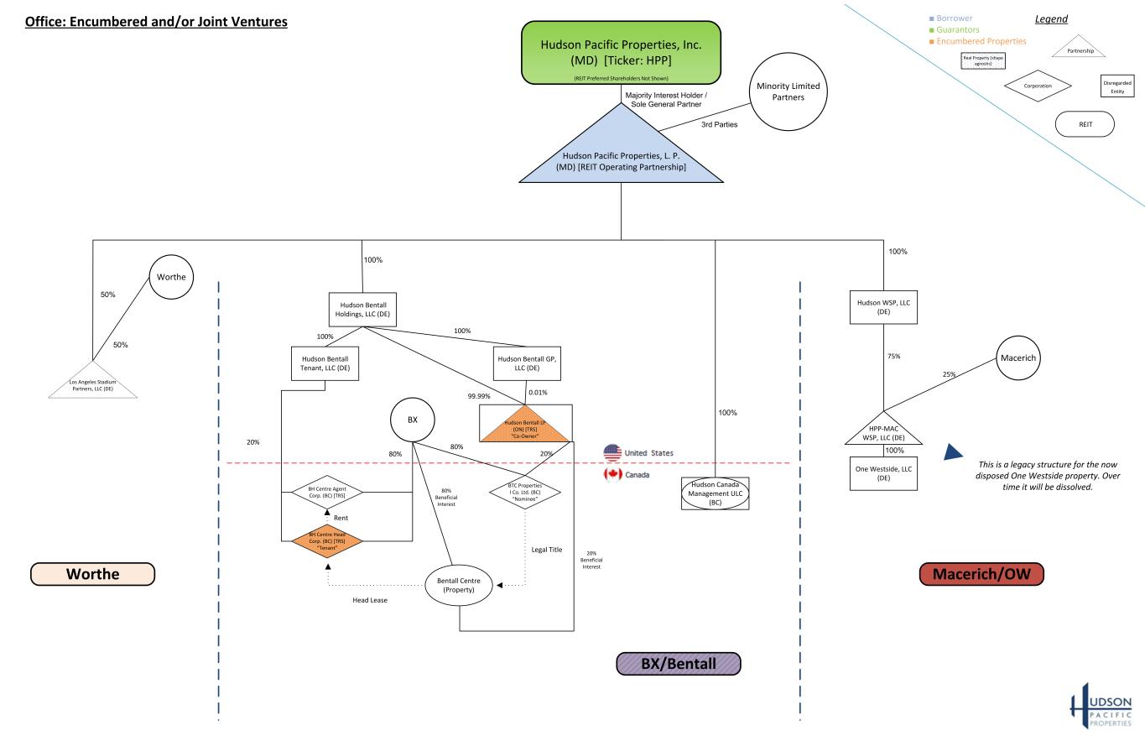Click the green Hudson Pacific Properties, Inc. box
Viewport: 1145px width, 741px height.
click(x=621, y=52)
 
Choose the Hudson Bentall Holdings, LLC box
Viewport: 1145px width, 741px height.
click(x=362, y=309)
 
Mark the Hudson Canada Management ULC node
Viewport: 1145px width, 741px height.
click(x=715, y=493)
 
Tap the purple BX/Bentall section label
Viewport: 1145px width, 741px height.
click(x=679, y=664)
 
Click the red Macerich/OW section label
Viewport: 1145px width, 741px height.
click(x=981, y=574)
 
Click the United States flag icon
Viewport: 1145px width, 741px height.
click(x=613, y=453)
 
